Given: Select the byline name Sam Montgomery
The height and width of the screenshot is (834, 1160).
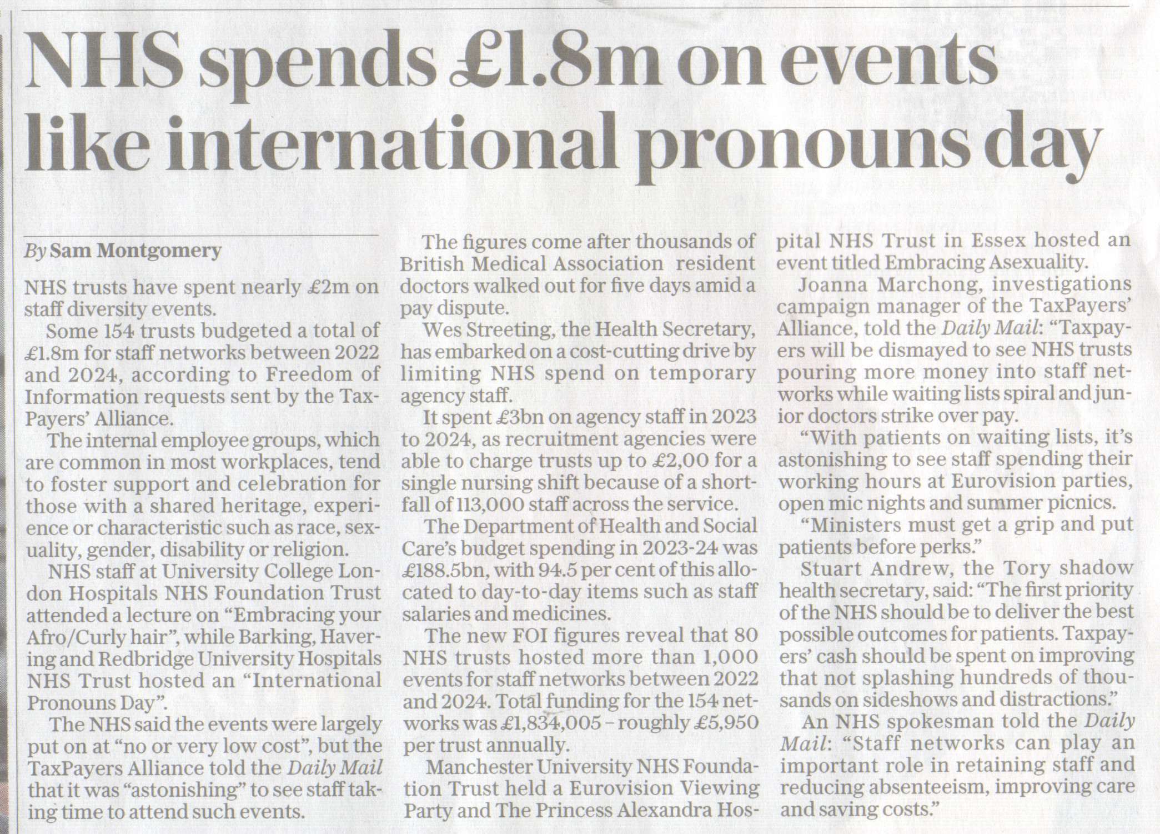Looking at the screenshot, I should [x=135, y=251].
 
